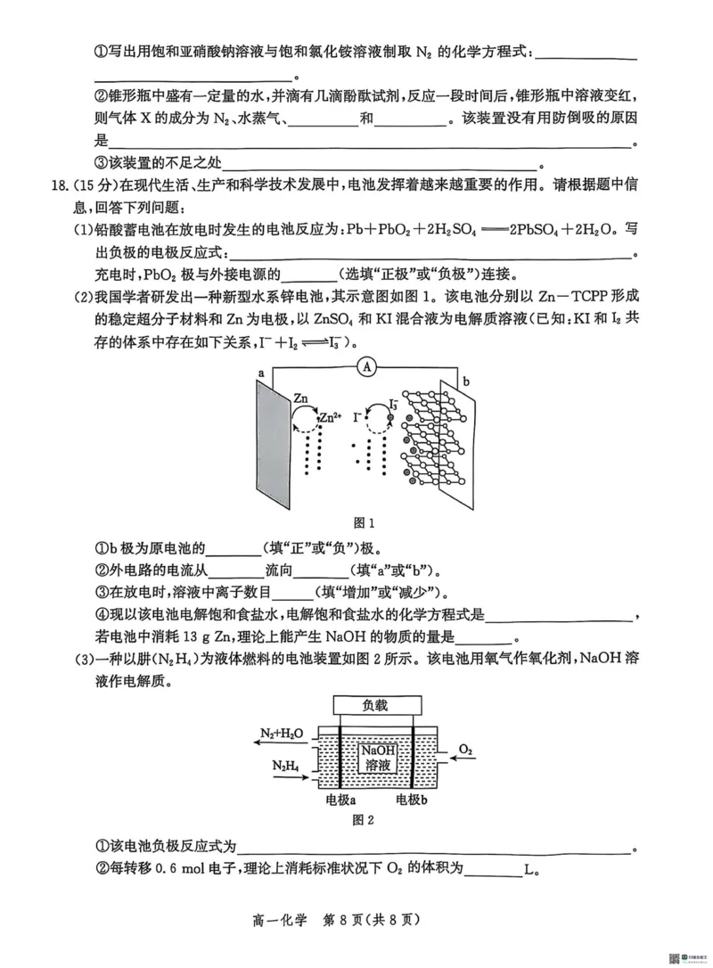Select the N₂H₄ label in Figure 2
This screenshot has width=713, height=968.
coord(287,765)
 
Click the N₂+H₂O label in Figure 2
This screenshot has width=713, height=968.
coord(283,734)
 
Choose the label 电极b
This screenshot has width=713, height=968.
coord(412,800)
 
